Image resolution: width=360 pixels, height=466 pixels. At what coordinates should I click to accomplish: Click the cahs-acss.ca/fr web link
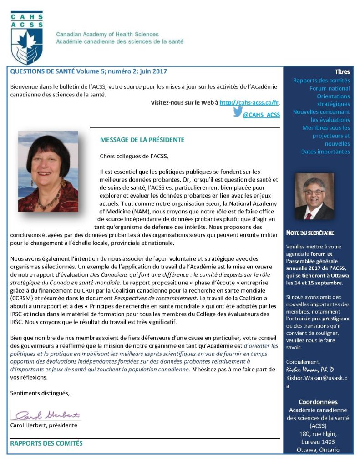click(x=249, y=103)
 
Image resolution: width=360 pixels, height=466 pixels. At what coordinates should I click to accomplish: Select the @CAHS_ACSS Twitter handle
click(x=261, y=115)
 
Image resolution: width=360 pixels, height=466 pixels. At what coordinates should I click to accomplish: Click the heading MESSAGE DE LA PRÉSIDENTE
click(x=142, y=140)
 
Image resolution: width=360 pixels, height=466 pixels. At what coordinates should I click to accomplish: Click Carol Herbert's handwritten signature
click(x=46, y=415)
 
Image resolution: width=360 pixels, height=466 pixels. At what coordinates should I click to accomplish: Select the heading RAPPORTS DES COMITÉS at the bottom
click(x=46, y=443)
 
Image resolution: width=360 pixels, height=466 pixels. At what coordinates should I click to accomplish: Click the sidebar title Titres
click(x=342, y=72)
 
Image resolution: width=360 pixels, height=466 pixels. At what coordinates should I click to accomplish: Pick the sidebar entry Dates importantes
click(x=325, y=152)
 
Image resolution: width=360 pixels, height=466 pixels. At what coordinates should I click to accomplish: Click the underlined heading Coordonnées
click(x=318, y=402)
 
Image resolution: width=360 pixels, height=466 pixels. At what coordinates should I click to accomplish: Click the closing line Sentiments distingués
click(x=40, y=393)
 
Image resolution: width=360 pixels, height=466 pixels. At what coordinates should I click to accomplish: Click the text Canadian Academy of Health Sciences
click(x=107, y=35)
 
